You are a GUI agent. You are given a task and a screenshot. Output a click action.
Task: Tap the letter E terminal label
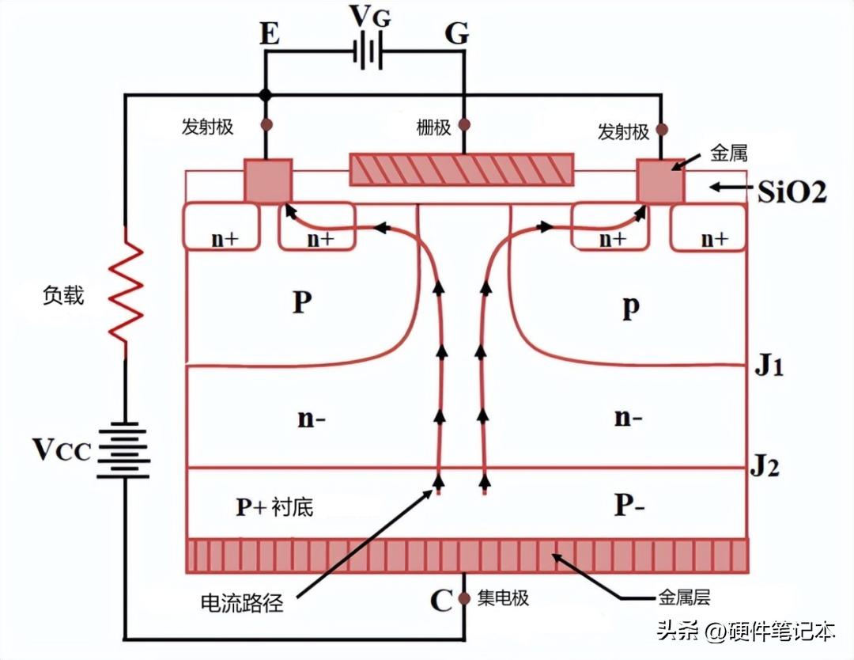coord(269,34)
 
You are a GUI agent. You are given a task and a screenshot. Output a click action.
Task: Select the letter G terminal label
coord(456,34)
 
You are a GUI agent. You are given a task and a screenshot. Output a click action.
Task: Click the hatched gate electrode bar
coord(462,169)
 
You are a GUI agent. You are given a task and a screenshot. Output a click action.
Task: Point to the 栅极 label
coord(433,127)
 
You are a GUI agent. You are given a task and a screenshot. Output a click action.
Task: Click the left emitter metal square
coord(267,180)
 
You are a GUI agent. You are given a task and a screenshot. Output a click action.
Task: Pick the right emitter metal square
coord(660,180)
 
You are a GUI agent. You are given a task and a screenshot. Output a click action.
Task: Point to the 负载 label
coord(62,295)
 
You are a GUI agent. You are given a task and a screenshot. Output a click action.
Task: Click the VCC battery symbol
coord(125,449)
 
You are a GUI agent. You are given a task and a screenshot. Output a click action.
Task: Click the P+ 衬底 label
coord(274,506)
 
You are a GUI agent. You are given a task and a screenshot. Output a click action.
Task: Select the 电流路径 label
coord(242,604)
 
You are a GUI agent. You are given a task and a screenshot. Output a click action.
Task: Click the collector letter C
coord(440,601)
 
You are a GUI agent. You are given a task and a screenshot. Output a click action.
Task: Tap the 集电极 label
coord(503,598)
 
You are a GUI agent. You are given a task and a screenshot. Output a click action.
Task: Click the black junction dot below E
coord(266,95)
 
